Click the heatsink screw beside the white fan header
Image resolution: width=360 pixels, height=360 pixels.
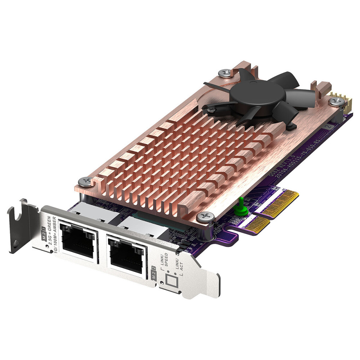click(337, 102)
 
